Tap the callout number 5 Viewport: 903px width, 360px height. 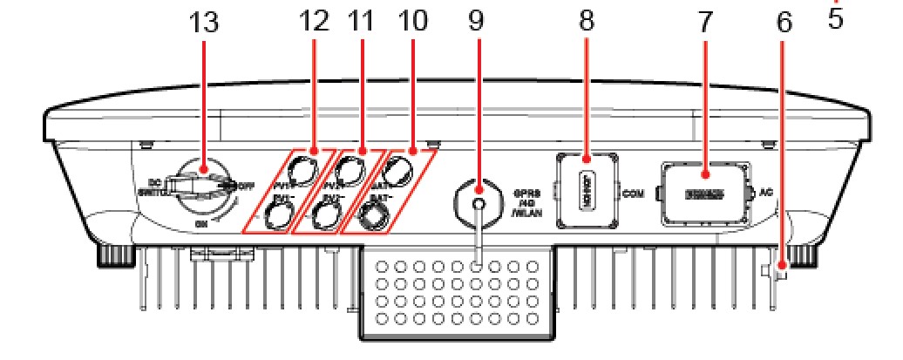click(835, 17)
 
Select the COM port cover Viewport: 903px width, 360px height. click(586, 191)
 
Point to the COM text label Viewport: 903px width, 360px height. click(634, 193)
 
